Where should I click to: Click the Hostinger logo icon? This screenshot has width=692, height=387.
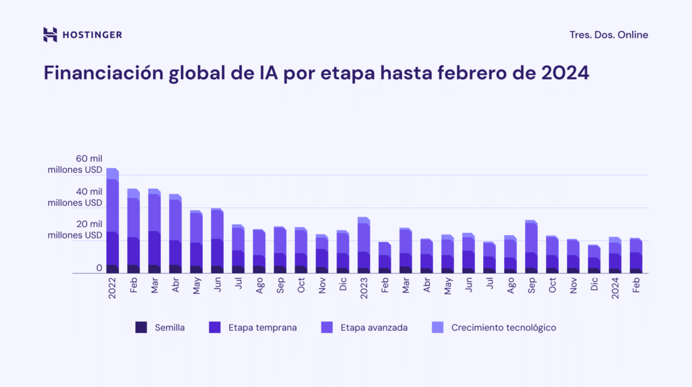50,35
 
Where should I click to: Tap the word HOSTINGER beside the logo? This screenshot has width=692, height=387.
92,35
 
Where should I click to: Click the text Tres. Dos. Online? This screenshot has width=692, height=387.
608,35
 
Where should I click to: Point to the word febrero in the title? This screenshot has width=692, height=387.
498,73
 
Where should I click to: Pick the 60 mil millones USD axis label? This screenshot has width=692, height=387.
75,164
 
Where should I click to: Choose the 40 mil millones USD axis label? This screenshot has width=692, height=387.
75,197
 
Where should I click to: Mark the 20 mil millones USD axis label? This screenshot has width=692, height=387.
75,230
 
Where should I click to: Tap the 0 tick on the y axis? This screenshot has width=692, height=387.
99,268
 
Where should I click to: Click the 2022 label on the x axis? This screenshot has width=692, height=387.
112,288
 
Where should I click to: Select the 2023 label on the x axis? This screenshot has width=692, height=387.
364,288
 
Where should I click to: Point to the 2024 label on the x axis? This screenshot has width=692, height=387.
615,288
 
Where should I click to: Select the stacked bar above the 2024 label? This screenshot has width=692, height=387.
615,255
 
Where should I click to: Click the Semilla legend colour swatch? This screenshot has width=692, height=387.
141,328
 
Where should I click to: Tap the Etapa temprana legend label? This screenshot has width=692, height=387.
263,328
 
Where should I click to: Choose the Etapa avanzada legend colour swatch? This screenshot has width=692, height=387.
326,328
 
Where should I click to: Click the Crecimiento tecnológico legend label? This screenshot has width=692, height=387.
503,328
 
